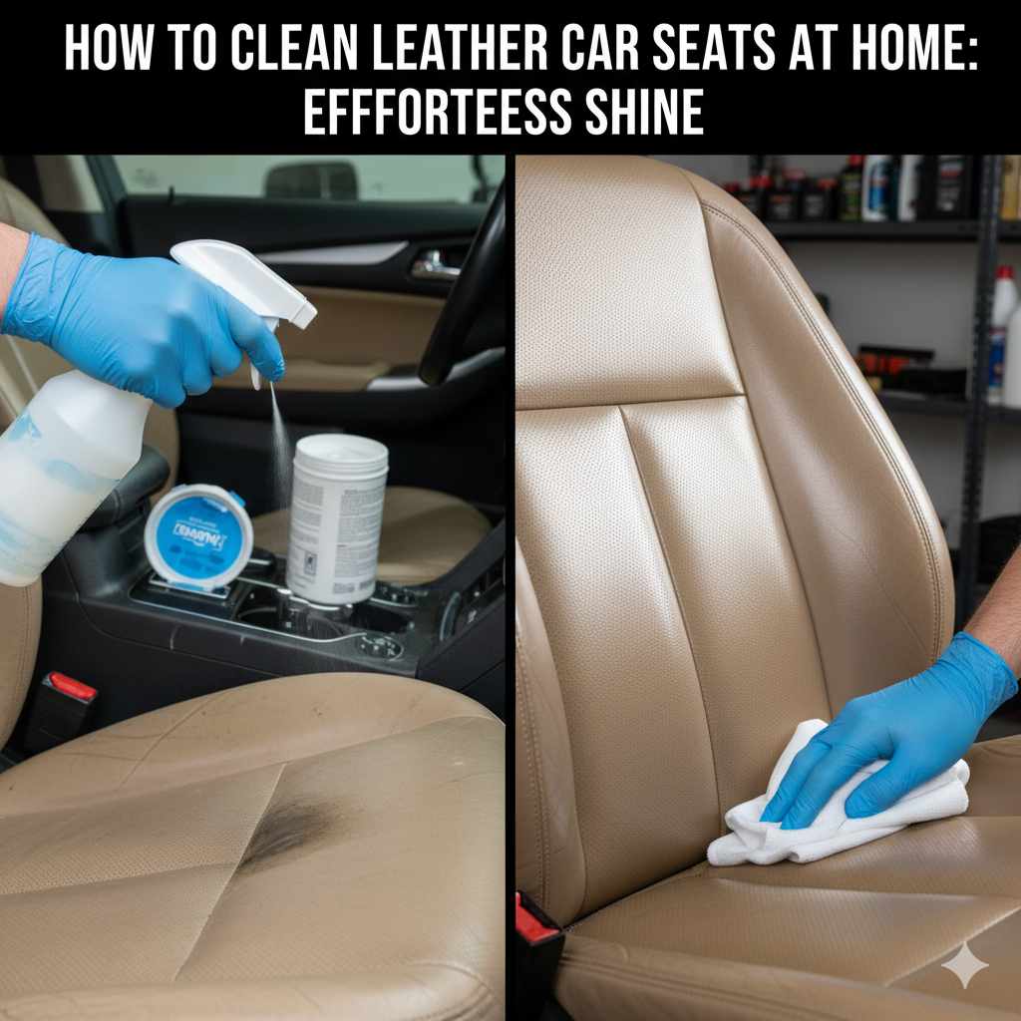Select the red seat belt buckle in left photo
coord(73,686)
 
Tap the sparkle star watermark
coord(964,965)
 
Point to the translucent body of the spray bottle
coord(60,479)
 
